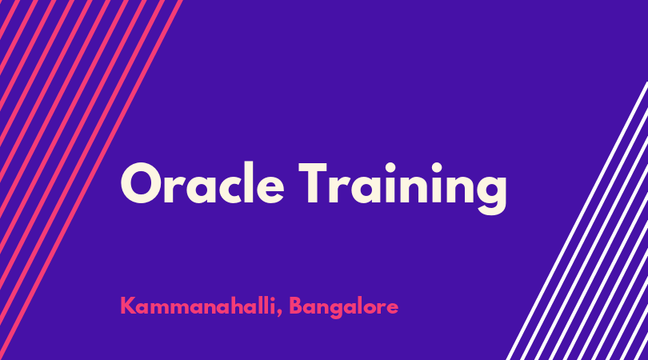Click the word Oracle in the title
(202, 183)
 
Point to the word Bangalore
(343, 307)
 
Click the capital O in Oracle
(142, 183)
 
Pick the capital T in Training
(313, 182)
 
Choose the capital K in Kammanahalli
(129, 306)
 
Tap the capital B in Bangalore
(296, 306)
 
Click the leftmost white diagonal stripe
(577, 221)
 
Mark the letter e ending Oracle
(270, 189)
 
